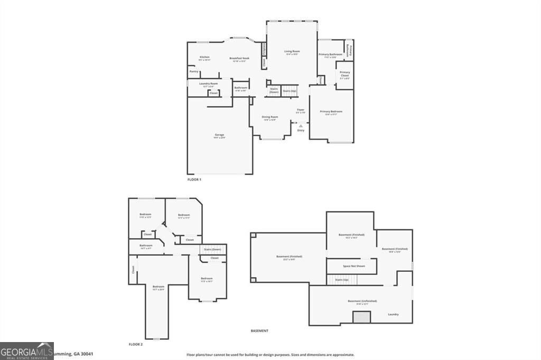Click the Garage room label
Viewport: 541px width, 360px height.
pyautogui.click(x=219, y=135)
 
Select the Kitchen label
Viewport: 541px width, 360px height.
pyautogui.click(x=204, y=57)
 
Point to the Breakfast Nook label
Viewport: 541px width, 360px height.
pyautogui.click(x=239, y=58)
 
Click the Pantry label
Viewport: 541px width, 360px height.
pyautogui.click(x=194, y=71)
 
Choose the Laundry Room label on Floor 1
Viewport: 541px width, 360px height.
pyautogui.click(x=208, y=83)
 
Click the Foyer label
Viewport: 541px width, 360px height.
pyautogui.click(x=301, y=110)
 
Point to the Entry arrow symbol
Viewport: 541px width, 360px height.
pyautogui.click(x=301, y=126)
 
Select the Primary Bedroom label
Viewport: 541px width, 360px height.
pyautogui.click(x=331, y=111)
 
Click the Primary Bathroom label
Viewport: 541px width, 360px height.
pyautogui.click(x=331, y=54)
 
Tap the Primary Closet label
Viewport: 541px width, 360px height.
pyautogui.click(x=344, y=74)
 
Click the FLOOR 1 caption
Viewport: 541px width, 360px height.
pyautogui.click(x=194, y=179)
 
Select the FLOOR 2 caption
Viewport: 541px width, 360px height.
pyautogui.click(x=136, y=344)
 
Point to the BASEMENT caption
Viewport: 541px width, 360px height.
pyautogui.click(x=259, y=331)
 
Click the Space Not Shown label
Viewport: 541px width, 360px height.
pyautogui.click(x=353, y=266)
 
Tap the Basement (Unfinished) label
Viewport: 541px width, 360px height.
pyautogui.click(x=362, y=301)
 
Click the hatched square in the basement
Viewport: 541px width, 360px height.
pyautogui.click(x=362, y=317)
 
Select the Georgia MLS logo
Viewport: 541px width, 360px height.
pyautogui.click(x=26, y=351)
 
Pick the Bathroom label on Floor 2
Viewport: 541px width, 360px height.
pyautogui.click(x=146, y=245)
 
